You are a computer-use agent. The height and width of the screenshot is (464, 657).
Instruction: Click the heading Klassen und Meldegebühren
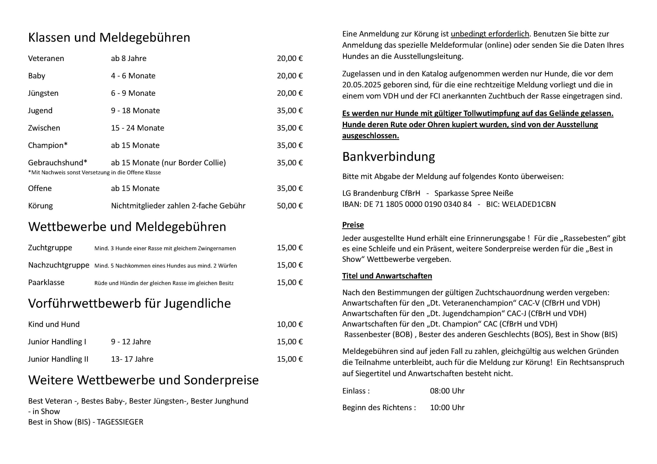[109, 37]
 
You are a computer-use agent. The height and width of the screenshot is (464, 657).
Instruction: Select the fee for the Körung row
[289, 206]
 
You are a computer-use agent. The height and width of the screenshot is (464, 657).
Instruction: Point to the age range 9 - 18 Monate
[135, 111]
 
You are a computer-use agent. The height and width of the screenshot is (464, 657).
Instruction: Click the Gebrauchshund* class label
[57, 163]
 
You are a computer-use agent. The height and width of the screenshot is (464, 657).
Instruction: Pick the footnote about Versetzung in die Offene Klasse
[94, 172]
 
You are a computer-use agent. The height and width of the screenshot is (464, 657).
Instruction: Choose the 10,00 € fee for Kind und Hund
[289, 324]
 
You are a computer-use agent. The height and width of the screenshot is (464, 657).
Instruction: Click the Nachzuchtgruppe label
[59, 265]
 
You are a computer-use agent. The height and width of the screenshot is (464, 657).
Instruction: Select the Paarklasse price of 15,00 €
[289, 283]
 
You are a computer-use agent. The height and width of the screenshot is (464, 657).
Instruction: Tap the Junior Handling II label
[58, 359]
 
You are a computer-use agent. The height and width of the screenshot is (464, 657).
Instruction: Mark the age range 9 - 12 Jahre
[131, 342]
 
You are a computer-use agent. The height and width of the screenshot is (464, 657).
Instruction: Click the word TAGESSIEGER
[120, 422]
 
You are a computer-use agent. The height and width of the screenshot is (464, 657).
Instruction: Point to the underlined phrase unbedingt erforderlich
[490, 34]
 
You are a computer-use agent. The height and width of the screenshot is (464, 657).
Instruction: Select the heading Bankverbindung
[388, 157]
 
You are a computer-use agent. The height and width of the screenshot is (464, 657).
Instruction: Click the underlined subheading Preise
[353, 225]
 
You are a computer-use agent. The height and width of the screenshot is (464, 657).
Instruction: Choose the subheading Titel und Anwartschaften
[387, 276]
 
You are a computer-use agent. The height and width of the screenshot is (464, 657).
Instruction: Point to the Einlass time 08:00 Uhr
[447, 391]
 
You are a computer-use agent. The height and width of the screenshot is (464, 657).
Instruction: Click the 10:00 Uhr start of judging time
[447, 408]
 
